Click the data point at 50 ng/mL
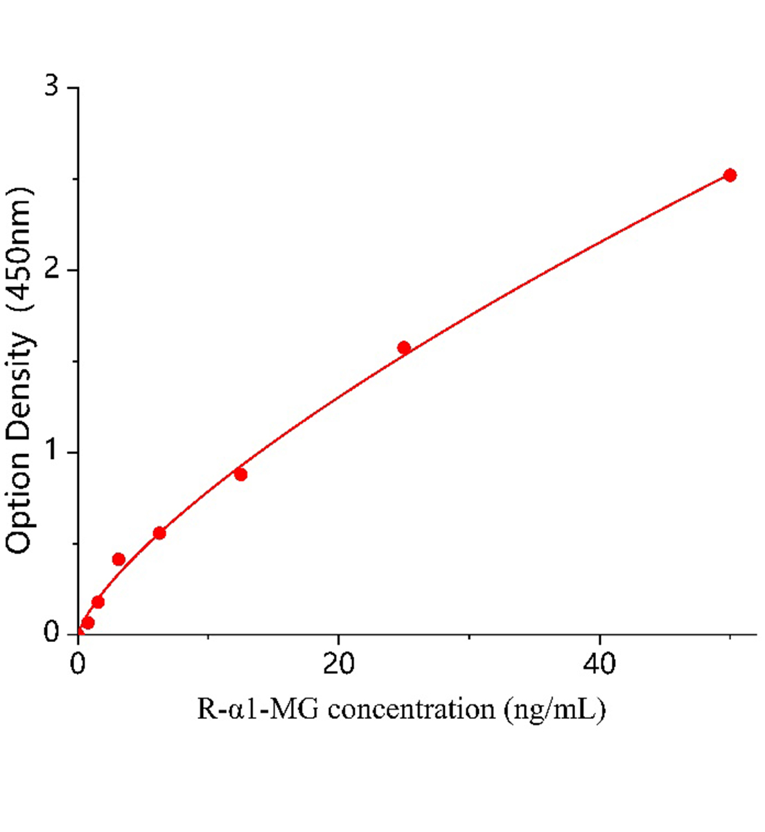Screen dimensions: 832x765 729,175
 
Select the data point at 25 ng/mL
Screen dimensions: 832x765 404,347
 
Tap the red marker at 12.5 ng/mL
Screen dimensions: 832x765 240,474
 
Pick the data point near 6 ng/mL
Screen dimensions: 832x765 159,532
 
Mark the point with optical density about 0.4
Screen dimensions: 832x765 118,559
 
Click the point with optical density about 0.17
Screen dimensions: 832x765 98,602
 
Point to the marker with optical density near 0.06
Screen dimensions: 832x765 88,623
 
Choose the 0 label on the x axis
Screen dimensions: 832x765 78,664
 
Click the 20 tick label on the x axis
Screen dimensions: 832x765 338,664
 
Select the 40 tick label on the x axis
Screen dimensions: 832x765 599,664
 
